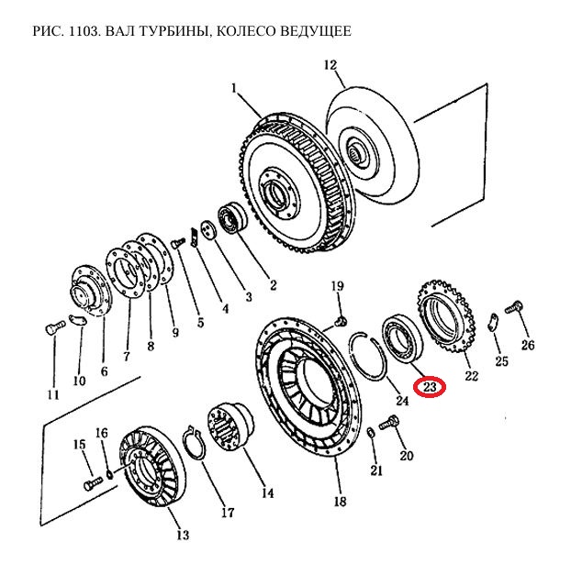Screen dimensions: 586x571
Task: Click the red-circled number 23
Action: pyautogui.click(x=430, y=388)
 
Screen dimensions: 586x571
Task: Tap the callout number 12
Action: pyautogui.click(x=330, y=65)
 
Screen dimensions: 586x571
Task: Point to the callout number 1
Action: pyautogui.click(x=235, y=90)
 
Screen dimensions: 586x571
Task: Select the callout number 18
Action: pyautogui.click(x=340, y=502)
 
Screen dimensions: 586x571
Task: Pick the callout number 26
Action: pyautogui.click(x=527, y=345)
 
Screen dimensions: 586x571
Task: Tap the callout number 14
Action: pyautogui.click(x=266, y=492)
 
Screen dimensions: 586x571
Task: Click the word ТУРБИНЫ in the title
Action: pyautogui.click(x=163, y=32)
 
